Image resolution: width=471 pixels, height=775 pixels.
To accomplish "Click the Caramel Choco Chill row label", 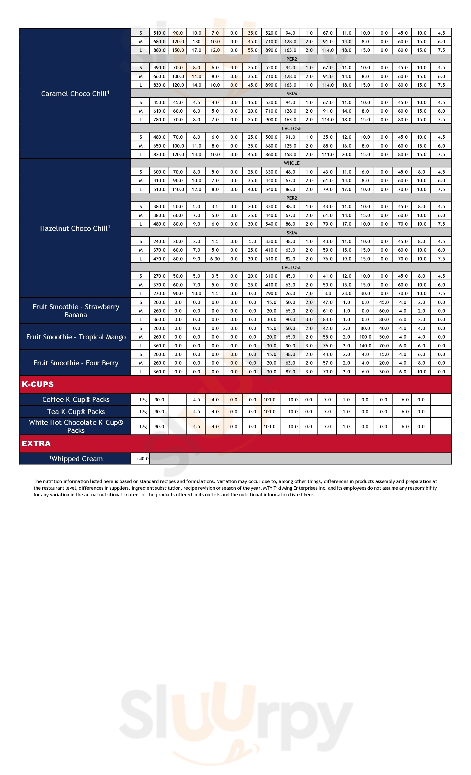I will pos(75,94).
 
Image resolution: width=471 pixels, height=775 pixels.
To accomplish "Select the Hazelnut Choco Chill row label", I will pos(75,228).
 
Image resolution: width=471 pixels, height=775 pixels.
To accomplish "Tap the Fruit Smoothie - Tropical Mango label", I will pos(76,337).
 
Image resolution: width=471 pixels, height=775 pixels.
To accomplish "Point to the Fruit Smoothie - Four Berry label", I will pos(76,363).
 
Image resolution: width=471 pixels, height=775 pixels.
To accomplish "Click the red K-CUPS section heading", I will pos(38,384).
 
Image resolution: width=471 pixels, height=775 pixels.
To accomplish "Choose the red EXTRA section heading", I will pos(36,443).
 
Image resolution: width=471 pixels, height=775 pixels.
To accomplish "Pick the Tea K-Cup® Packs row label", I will pos(76,412).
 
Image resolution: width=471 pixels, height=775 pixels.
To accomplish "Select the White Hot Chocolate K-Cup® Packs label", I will pos(76,427).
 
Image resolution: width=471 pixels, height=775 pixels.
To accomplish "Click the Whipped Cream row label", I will pos(76,459).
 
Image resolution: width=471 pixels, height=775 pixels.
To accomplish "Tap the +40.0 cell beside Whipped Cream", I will pos(142,459).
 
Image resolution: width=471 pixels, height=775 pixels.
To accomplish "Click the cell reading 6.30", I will pos(215,259).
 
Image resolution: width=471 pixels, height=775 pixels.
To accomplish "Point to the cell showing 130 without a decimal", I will pos(196,42).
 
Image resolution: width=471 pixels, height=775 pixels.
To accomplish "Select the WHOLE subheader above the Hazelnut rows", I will pos(291,163).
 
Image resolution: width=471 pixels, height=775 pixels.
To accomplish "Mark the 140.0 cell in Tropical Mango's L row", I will pos(365,346).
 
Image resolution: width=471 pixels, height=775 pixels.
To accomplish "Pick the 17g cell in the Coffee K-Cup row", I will pos(143,400).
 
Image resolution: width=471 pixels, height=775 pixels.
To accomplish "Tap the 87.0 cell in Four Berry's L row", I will pos(290,372).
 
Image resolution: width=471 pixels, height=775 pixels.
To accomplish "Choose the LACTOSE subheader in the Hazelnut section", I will pos(291,268).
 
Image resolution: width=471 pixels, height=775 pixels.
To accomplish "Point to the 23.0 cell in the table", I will pos(347,293).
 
